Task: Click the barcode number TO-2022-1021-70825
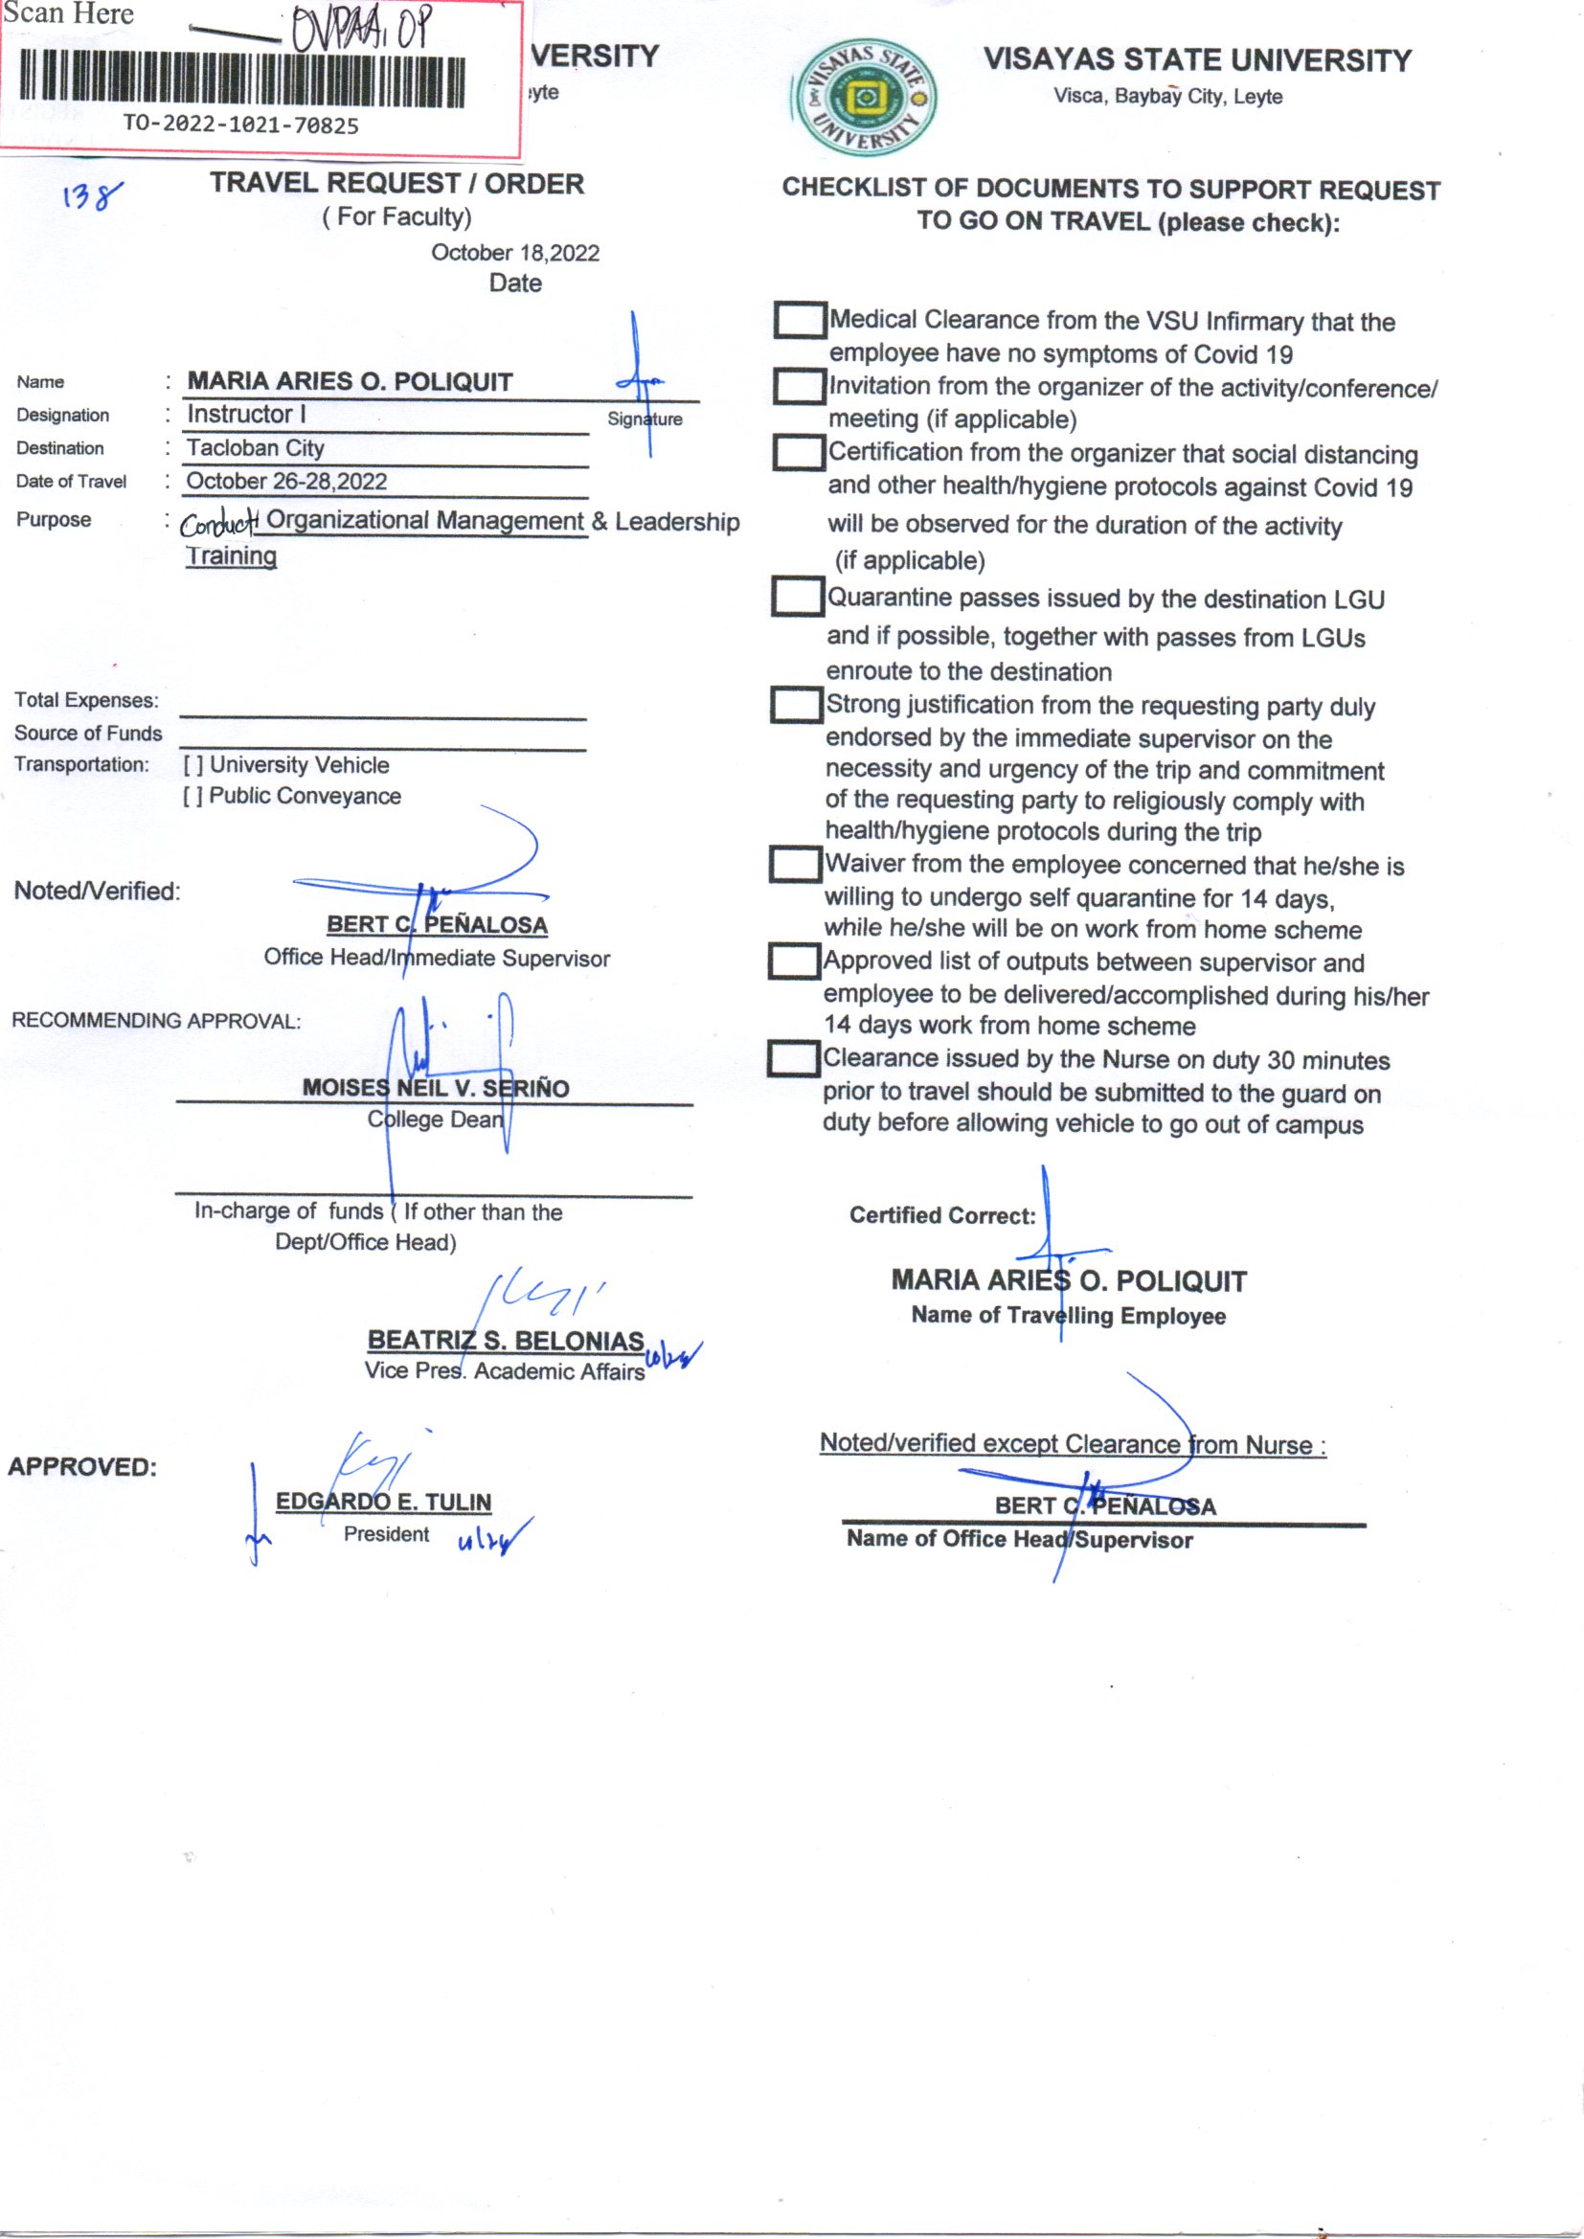pos(240,124)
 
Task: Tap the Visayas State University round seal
pos(864,99)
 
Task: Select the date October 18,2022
pos(515,253)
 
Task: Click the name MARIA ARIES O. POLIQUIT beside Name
pos(350,381)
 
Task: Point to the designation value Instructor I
pos(246,415)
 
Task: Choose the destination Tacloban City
pos(255,447)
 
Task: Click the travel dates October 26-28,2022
pos(285,481)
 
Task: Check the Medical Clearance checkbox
pos(800,320)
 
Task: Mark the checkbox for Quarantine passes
pos(797,596)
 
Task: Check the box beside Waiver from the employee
pos(795,863)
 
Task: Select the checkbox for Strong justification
pos(796,704)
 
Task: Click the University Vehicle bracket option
pos(193,765)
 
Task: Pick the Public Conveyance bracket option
pos(193,797)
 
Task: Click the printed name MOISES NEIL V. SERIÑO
pos(435,1087)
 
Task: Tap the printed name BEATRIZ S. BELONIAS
pos(506,1341)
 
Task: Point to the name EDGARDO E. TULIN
pos(383,1502)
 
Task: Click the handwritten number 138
pos(93,196)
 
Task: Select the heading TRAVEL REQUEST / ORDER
pos(397,183)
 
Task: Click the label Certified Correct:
pos(941,1215)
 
